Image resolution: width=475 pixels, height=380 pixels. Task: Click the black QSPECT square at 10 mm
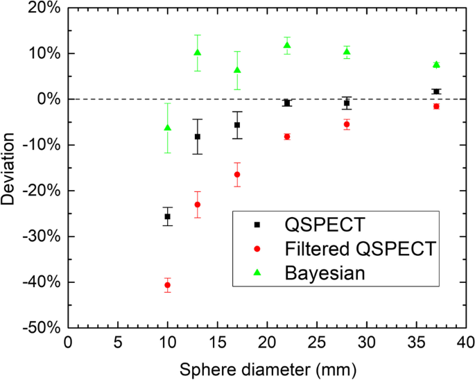(167, 216)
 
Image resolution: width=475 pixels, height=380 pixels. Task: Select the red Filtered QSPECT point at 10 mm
(167, 285)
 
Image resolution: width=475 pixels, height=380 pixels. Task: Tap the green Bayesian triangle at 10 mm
(167, 128)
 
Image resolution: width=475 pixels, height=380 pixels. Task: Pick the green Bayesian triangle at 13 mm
(198, 53)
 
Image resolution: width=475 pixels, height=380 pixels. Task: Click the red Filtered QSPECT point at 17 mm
(237, 175)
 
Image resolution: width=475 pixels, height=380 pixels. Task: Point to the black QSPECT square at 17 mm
(237, 125)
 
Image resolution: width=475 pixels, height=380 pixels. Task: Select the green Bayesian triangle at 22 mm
(287, 45)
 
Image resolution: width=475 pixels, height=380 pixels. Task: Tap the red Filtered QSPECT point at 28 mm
(347, 124)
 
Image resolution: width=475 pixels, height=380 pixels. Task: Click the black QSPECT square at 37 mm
(436, 92)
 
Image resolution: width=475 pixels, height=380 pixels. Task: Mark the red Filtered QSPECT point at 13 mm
(198, 205)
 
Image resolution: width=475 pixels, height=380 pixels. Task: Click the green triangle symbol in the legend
(257, 273)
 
